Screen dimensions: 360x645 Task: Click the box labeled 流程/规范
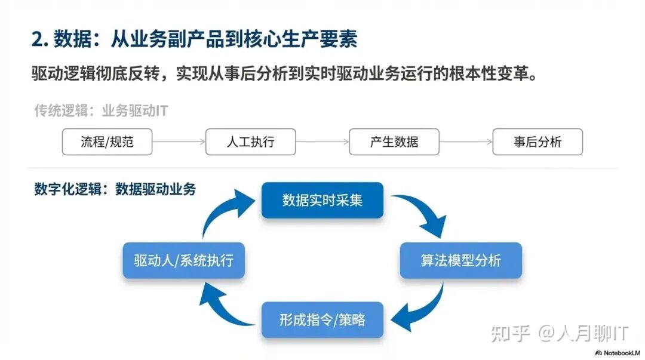(x=107, y=142)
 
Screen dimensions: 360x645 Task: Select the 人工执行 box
(x=251, y=142)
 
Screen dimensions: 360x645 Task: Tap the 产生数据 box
(x=394, y=142)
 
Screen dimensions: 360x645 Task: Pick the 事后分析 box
(x=537, y=142)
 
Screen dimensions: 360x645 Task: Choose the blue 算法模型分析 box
(x=460, y=260)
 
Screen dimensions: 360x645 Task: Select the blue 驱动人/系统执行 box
(x=183, y=260)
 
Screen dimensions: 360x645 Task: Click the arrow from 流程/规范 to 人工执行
(x=179, y=142)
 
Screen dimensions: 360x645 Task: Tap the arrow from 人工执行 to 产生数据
(x=322, y=142)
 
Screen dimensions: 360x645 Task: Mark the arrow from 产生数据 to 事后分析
(x=466, y=142)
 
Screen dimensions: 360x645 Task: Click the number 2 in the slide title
(x=37, y=39)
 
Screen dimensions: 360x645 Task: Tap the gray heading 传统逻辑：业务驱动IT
(x=100, y=110)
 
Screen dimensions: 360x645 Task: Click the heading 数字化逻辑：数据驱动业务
(x=115, y=189)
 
